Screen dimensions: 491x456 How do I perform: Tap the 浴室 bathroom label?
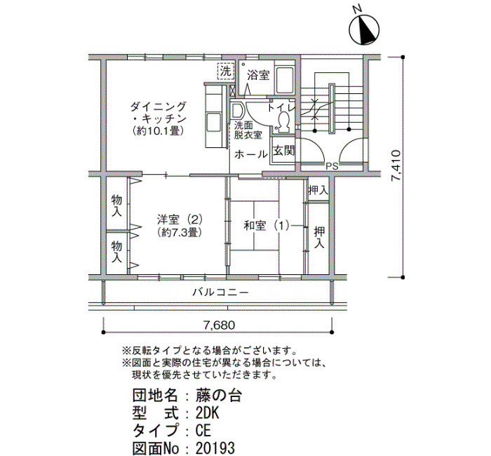tap(258, 76)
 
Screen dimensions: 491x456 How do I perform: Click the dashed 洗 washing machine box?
tap(226, 72)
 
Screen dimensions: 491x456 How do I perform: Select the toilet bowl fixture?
tap(284, 121)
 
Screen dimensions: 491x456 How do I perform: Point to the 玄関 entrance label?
tap(283, 151)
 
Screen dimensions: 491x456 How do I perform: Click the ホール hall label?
tap(250, 154)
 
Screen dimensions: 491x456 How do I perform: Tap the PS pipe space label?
tap(332, 166)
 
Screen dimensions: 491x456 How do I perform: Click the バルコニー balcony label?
tap(220, 293)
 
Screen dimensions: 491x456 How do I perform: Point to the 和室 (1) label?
tap(266, 225)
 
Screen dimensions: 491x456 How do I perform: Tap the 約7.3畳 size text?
tap(180, 232)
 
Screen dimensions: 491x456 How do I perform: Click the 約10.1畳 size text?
tap(158, 130)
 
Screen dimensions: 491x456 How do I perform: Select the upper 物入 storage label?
tap(117, 206)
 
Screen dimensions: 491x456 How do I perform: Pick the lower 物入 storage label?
tap(117, 251)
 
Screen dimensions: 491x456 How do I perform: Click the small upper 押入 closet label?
tap(318, 190)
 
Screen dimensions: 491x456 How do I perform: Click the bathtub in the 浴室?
tap(285, 79)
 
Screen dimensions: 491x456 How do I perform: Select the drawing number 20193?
tap(215, 448)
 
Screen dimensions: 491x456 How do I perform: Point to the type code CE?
tap(203, 431)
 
